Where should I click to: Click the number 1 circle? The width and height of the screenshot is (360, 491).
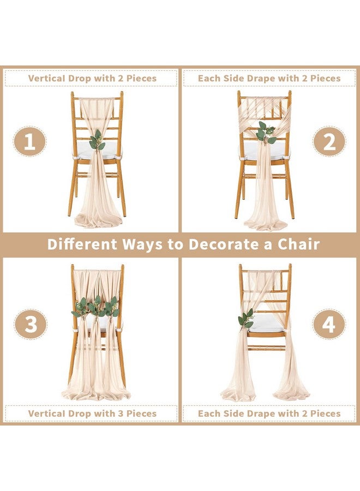pyautogui.click(x=30, y=142)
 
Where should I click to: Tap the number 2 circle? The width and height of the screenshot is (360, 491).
pyautogui.click(x=329, y=142)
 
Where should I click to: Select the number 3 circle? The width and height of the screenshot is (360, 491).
pyautogui.click(x=31, y=325)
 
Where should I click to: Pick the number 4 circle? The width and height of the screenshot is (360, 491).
pyautogui.click(x=329, y=325)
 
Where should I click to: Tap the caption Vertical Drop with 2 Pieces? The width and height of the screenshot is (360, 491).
pyautogui.click(x=92, y=78)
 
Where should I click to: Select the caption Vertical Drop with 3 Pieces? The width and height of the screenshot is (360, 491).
pyautogui.click(x=92, y=414)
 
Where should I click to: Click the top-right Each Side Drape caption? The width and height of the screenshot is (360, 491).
pyautogui.click(x=269, y=78)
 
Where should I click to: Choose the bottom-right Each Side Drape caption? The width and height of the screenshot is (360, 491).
pyautogui.click(x=269, y=414)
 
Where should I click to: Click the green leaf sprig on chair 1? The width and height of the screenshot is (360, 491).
pyautogui.click(x=97, y=141)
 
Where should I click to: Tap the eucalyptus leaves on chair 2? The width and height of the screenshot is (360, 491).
pyautogui.click(x=266, y=133)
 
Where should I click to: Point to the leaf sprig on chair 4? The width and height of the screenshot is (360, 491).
pyautogui.click(x=245, y=319)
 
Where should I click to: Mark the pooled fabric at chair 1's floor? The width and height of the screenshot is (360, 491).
pyautogui.click(x=99, y=218)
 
